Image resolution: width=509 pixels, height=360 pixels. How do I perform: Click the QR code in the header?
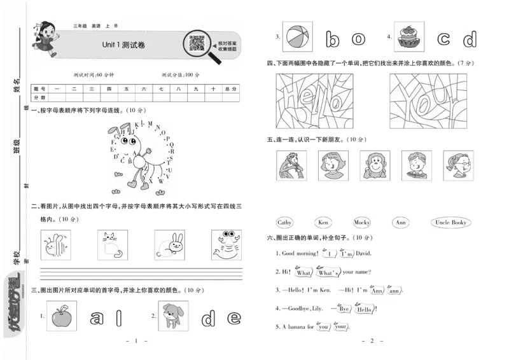[198, 43]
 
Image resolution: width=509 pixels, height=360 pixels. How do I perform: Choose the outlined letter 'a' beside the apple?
[97, 316]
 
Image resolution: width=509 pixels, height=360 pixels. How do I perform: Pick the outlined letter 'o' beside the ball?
[359, 39]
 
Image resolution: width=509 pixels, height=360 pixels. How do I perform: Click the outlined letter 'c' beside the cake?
[443, 39]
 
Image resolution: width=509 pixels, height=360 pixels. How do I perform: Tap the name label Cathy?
[284, 223]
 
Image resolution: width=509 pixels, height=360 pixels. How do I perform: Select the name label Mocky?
[361, 223]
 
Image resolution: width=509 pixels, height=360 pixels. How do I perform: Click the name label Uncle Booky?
[451, 223]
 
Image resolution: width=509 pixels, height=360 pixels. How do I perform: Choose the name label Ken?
[323, 223]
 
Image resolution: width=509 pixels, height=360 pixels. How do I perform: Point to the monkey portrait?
[375, 166]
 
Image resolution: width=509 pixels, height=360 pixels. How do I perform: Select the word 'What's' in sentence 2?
[328, 272]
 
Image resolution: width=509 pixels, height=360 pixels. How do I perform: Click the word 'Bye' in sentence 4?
[344, 308]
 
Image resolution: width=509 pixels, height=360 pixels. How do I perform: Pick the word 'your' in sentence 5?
[342, 327]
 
